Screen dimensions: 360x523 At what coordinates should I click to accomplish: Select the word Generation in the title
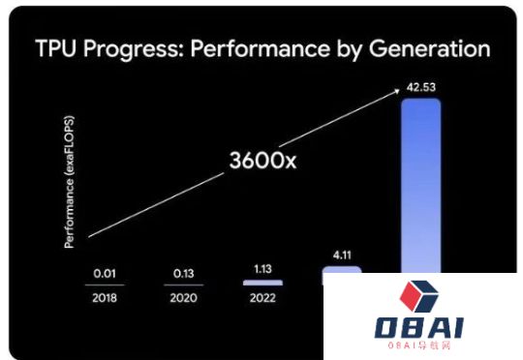click(428, 49)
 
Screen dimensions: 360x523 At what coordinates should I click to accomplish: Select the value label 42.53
click(421, 86)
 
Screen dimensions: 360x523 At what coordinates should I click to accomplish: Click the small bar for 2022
click(262, 283)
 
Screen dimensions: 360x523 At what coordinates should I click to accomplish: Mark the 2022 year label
click(262, 299)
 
